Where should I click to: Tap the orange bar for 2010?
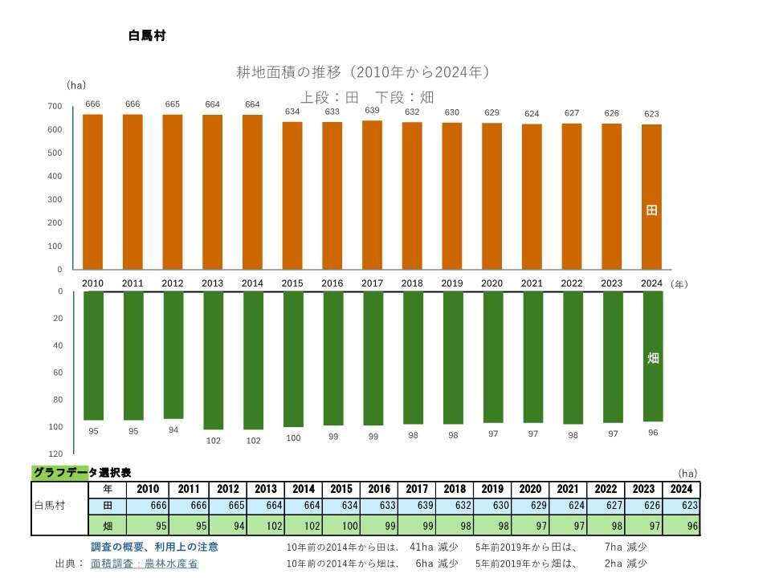pyautogui.click(x=93, y=192)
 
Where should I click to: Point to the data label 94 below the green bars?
pyautogui.click(x=173, y=430)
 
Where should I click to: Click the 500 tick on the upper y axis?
pyautogui.click(x=55, y=153)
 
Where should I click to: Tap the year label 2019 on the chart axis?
pyautogui.click(x=452, y=283)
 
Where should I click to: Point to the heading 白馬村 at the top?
pyautogui.click(x=146, y=36)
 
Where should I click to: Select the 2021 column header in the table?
pyautogui.click(x=568, y=490)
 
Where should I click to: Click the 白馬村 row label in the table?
pyautogui.click(x=51, y=507)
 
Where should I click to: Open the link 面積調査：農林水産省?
pyautogui.click(x=145, y=564)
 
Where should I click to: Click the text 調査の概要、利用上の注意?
pyautogui.click(x=154, y=547)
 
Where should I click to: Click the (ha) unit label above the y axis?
pyautogui.click(x=76, y=85)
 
